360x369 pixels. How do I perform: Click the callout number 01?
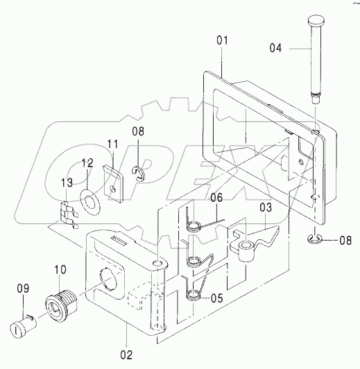(222, 40)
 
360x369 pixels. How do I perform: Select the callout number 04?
(275, 48)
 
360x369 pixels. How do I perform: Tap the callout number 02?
(126, 355)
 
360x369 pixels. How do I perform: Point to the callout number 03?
(266, 207)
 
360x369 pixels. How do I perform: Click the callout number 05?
(216, 298)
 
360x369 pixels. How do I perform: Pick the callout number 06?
(216, 198)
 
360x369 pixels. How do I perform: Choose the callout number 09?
(23, 289)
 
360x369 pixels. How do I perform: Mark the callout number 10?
(60, 270)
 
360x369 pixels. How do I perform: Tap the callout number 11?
(112, 144)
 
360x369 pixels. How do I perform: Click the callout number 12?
(87, 163)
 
